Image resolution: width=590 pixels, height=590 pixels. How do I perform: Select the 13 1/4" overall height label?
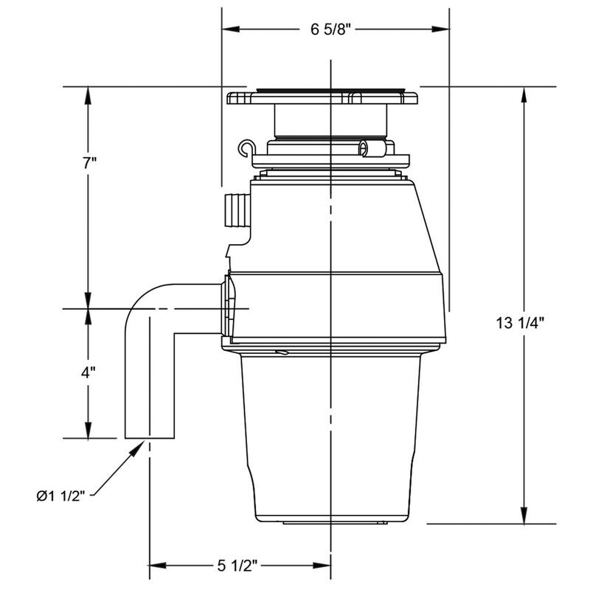[x=521, y=322]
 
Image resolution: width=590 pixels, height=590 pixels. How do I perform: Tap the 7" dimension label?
[x=89, y=163]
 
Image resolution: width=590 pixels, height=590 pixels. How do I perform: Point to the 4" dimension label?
[x=89, y=372]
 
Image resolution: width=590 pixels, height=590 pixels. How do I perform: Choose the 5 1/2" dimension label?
[x=237, y=566]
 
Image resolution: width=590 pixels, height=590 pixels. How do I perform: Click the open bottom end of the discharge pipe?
[x=150, y=437]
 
